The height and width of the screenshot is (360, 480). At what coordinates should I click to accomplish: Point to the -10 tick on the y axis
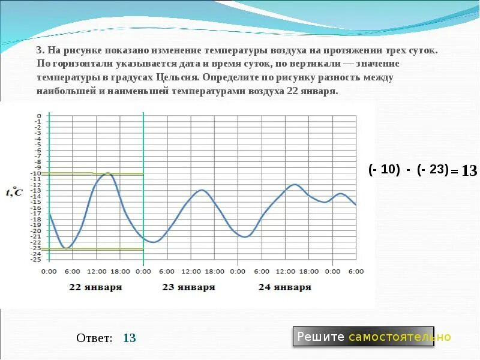[x=38, y=174]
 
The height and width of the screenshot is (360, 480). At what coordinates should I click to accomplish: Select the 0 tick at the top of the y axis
[x=40, y=116]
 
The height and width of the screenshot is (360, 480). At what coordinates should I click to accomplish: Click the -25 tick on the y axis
[x=38, y=259]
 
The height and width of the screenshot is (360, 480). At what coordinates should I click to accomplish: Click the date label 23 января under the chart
[x=188, y=287]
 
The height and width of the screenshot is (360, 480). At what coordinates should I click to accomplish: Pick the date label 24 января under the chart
[x=285, y=287]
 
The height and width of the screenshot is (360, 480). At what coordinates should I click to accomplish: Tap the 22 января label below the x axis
[x=95, y=287]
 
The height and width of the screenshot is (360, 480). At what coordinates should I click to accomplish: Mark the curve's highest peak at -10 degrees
[x=107, y=173]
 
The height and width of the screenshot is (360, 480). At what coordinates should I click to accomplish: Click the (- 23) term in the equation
[x=433, y=169]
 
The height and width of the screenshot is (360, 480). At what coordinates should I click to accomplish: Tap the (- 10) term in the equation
[x=384, y=169]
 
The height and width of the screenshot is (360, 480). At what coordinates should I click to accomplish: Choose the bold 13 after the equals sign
[x=469, y=171]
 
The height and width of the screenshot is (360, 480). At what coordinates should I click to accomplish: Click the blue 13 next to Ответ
[x=130, y=338]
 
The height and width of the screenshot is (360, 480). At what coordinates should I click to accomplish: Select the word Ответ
[x=94, y=338]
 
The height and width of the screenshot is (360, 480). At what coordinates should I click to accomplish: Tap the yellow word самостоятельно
[x=400, y=337]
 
